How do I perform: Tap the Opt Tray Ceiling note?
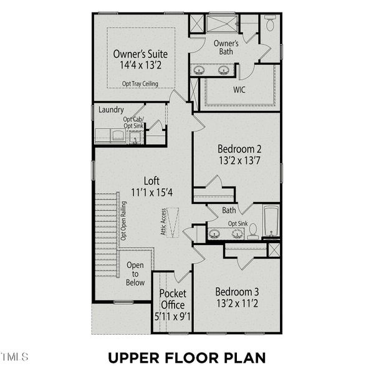click(140, 84)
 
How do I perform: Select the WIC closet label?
click(239, 90)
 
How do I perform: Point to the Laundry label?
click(111, 110)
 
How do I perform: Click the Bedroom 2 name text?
click(239, 149)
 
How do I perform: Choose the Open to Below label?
click(135, 274)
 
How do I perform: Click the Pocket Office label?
click(172, 299)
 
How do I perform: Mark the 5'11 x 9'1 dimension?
click(172, 316)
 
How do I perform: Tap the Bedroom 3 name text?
click(237, 291)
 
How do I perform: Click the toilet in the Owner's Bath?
click(270, 24)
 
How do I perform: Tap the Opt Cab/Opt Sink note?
click(133, 123)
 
